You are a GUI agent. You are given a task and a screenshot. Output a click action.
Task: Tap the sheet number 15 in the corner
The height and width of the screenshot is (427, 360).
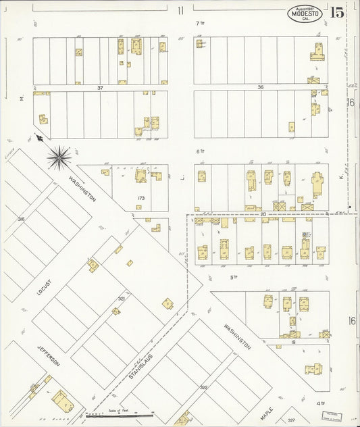(x=337, y=11)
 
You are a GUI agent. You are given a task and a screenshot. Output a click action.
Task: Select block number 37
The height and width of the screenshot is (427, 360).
(x=100, y=88)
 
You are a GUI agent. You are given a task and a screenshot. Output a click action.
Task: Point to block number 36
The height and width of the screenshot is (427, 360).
(x=260, y=87)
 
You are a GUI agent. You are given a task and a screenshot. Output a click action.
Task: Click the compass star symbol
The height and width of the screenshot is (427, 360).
(x=59, y=158)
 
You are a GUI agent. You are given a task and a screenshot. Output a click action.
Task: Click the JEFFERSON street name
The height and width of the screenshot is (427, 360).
(x=48, y=353)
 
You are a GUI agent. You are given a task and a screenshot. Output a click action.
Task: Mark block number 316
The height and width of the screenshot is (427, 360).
(x=22, y=219)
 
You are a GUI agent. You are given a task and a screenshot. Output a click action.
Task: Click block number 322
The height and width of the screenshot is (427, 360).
(x=203, y=387)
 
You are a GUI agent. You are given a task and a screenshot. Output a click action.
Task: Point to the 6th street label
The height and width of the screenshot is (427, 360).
(x=199, y=151)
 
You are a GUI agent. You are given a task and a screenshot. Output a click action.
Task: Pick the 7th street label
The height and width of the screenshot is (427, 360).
(x=199, y=24)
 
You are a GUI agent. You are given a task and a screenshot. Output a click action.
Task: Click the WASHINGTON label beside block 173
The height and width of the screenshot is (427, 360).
(x=81, y=190)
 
